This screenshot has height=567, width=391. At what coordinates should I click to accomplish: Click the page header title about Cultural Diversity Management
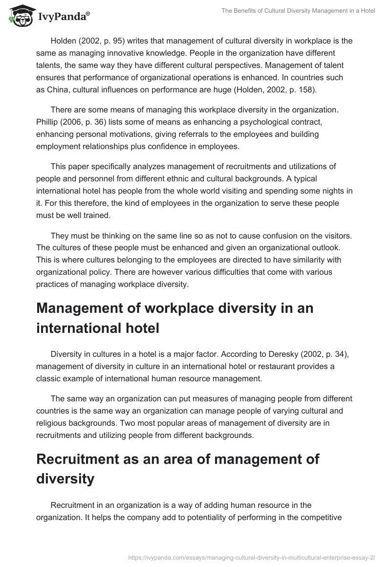coord(291,11)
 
